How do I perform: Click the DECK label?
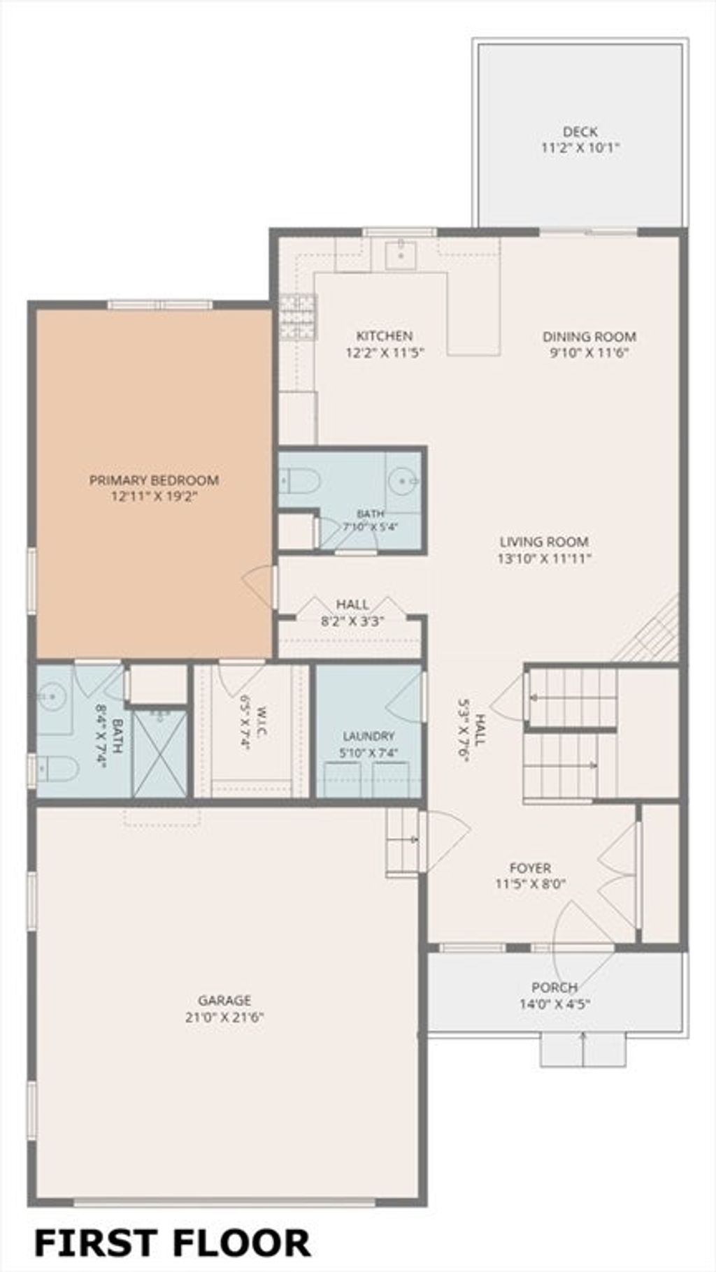pyautogui.click(x=580, y=131)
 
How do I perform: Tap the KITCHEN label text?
pyautogui.click(x=385, y=336)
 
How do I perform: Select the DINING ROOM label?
pyautogui.click(x=589, y=337)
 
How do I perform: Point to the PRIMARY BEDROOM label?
pyautogui.click(x=154, y=480)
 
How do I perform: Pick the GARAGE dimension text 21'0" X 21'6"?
pyautogui.click(x=224, y=1017)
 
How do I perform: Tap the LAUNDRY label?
pyautogui.click(x=368, y=736)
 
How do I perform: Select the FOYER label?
pyautogui.click(x=530, y=868)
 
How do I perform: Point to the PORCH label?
pyautogui.click(x=554, y=988)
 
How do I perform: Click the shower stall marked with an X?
pyautogui.click(x=160, y=753)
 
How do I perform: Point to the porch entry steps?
pyautogui.click(x=582, y=1050)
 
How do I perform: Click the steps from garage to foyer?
pyautogui.click(x=403, y=841)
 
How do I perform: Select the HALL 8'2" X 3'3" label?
pyautogui.click(x=353, y=612)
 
